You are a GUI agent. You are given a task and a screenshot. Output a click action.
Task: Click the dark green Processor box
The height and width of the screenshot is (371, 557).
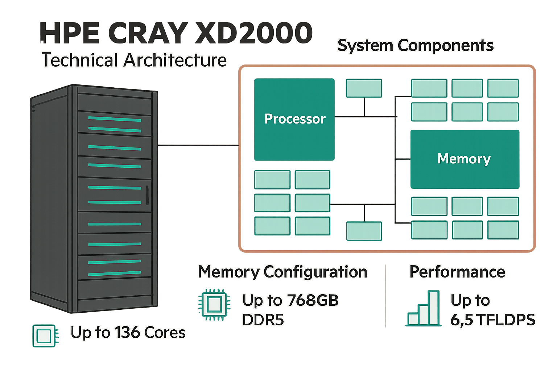tap(294, 119)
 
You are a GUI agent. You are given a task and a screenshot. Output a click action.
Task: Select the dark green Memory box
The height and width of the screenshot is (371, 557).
tap(465, 159)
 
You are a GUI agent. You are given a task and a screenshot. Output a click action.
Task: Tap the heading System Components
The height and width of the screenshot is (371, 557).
tap(415, 46)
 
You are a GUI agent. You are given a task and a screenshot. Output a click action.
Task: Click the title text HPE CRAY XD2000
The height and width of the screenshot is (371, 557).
tap(176, 33)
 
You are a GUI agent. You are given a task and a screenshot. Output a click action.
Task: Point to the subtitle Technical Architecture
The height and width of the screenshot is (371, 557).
tap(134, 60)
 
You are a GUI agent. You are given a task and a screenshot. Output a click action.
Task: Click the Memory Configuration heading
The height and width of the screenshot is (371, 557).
tap(282, 272)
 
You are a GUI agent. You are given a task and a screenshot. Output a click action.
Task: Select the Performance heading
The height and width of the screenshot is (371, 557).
tap(457, 272)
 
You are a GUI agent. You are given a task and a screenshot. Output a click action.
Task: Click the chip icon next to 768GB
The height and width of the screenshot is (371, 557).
tap(214, 304)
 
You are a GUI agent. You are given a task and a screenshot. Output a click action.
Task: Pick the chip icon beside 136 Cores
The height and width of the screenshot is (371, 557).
tap(45, 335)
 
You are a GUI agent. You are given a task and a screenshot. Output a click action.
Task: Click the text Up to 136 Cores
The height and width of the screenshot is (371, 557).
tap(128, 333)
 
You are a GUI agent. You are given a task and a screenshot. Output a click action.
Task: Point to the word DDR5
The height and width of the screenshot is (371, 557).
tap(263, 320)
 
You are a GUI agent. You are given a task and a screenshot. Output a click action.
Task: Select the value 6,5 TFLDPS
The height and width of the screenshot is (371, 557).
tap(492, 320)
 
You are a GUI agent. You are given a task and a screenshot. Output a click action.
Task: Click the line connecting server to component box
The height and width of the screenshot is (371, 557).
tap(198, 145)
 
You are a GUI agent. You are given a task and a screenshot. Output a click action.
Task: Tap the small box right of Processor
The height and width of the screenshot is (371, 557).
tap(364, 88)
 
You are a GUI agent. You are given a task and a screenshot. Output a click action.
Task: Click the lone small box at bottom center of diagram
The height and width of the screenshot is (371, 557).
tap(364, 231)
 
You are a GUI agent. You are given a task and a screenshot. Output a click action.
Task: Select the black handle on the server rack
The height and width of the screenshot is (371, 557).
tap(148, 195)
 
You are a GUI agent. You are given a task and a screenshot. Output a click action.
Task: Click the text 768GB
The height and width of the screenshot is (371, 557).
tap(313, 300)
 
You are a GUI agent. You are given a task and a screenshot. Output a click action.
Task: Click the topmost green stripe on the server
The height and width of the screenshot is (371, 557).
tap(115, 119)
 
